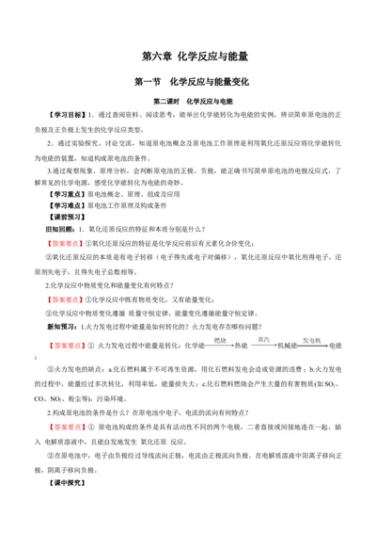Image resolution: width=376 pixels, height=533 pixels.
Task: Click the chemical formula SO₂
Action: pyautogui.click(x=337, y=399)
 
